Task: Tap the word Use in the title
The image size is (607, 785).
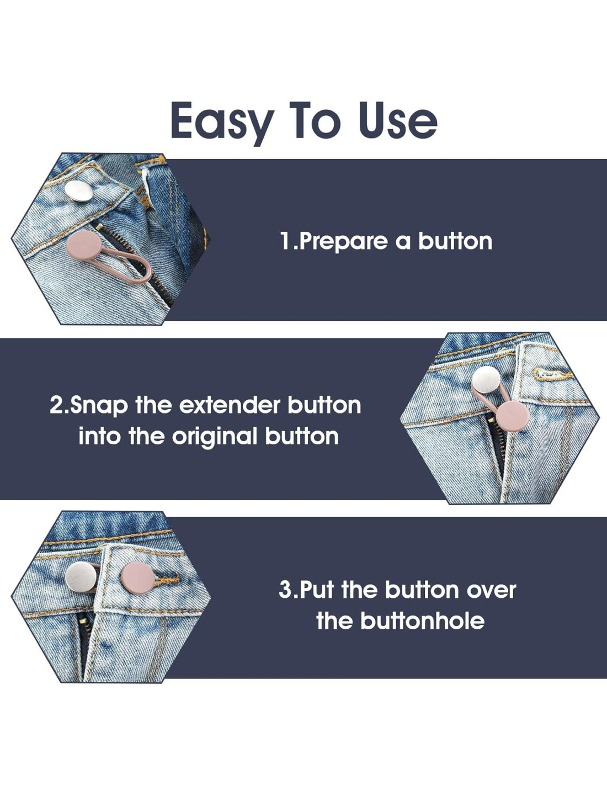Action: click(x=397, y=120)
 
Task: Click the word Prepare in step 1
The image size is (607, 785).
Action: click(x=343, y=242)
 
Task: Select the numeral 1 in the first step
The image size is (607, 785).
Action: click(x=285, y=241)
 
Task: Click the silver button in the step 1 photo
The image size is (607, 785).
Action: click(x=79, y=190)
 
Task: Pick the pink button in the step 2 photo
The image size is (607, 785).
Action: click(x=512, y=416)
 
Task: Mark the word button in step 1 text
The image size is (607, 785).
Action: click(x=455, y=241)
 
